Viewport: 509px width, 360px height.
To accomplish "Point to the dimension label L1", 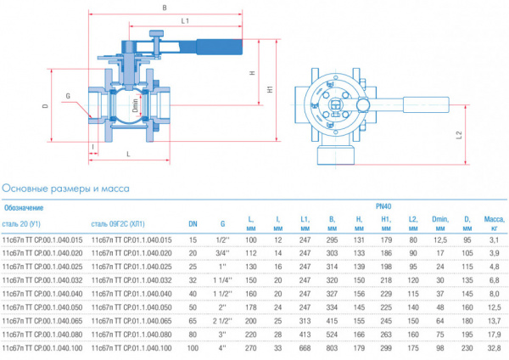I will pos(184,20).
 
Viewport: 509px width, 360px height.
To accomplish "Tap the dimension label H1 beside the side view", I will pos(269,87).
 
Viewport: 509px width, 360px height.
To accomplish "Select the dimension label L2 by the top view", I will pos(459,133).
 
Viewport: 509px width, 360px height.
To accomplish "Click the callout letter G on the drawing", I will pos(68,96).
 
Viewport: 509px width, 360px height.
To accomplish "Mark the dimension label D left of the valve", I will pos(44,107).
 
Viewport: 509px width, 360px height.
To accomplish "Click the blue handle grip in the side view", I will pos(223,47).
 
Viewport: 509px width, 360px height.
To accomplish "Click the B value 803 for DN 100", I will pos(330,347).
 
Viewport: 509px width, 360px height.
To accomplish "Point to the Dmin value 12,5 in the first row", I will pos(439,239).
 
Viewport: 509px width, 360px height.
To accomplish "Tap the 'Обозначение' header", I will pos(24,207).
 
